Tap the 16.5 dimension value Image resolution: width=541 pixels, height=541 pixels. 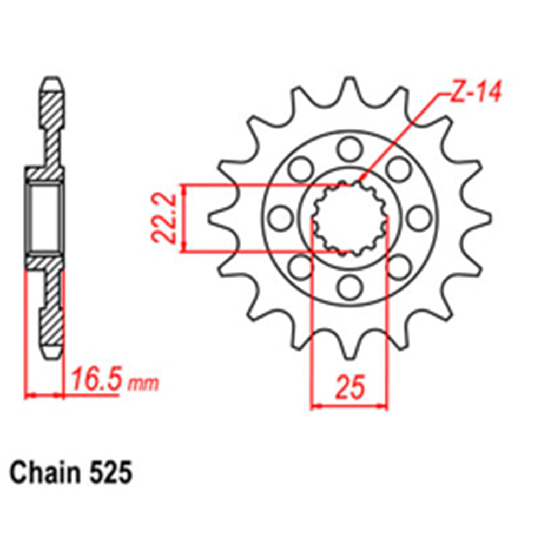point(95,381)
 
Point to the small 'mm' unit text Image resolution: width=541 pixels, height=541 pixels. point(143,384)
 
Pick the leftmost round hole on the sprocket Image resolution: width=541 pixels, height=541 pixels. point(281,219)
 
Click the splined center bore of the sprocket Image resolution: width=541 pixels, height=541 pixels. point(349,219)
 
